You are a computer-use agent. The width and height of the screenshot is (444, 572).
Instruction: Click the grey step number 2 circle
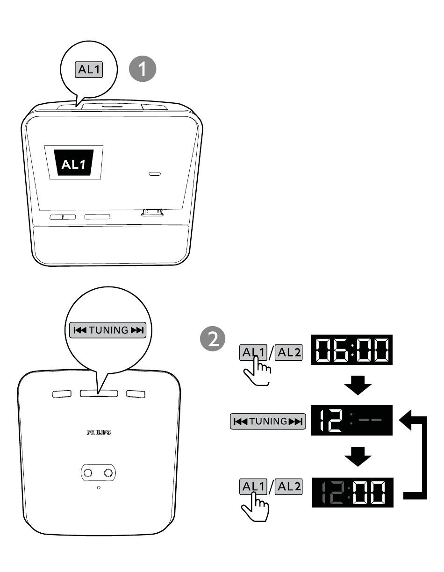tap(213, 339)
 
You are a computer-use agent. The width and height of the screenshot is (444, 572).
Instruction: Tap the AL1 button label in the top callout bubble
tap(89, 70)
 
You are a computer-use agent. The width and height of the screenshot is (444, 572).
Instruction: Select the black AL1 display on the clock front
tap(74, 163)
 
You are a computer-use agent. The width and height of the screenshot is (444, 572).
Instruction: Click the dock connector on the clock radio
tap(152, 213)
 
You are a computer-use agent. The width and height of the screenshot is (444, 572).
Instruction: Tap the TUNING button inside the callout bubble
tap(107, 330)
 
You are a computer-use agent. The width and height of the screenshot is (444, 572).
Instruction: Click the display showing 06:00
tap(351, 350)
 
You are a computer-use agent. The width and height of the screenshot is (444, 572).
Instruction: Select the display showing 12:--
tap(351, 421)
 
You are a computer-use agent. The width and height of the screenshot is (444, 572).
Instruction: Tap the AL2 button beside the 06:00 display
tap(288, 352)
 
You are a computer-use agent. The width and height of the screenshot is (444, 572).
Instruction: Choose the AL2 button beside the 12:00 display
tap(288, 486)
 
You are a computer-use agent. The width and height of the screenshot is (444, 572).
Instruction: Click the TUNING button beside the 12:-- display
tap(268, 422)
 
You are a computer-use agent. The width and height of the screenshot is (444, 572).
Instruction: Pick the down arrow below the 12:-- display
tap(358, 456)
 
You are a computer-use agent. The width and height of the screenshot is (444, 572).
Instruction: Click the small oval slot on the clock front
tap(155, 174)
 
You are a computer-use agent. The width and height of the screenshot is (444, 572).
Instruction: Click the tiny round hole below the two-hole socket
tap(99, 488)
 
